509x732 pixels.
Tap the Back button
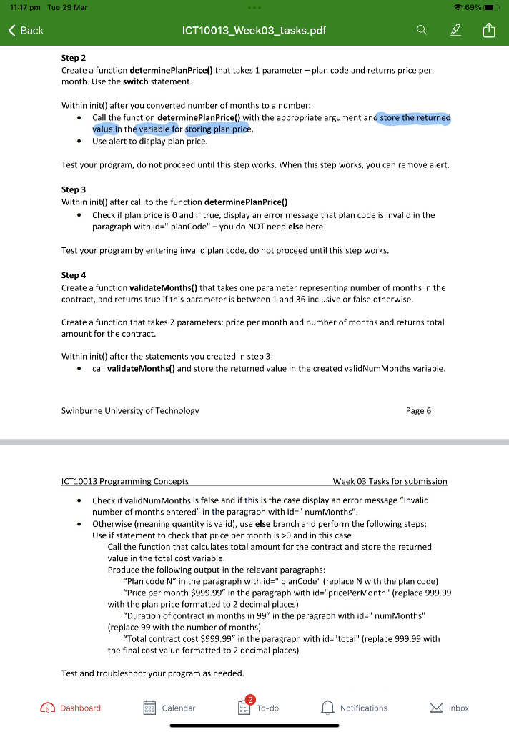click(x=26, y=30)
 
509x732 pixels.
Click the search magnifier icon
click(x=422, y=30)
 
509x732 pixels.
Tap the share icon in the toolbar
click(x=488, y=30)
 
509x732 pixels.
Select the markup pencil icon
click(x=455, y=30)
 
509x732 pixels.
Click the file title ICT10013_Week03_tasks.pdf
click(x=254, y=30)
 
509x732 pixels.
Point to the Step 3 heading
click(x=74, y=189)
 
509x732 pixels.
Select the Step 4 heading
click(x=74, y=275)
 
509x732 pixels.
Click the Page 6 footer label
click(x=417, y=411)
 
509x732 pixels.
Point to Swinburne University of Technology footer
click(x=130, y=411)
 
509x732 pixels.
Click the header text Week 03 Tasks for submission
click(x=390, y=481)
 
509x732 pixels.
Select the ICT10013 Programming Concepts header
click(x=125, y=481)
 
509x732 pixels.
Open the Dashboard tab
click(x=71, y=708)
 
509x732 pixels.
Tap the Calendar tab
click(x=169, y=708)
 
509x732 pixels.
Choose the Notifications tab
click(x=355, y=708)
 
